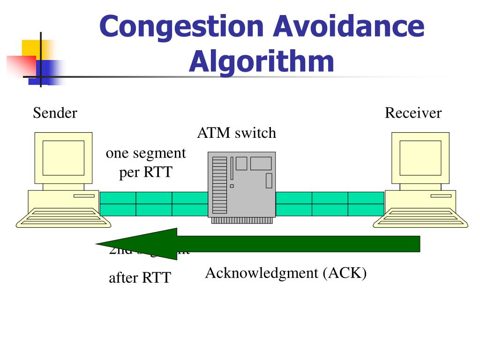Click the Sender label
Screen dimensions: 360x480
pos(55,113)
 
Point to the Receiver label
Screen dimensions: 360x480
pos(413,113)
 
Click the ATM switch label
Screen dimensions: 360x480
pos(236,133)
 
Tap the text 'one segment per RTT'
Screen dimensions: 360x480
pos(146,163)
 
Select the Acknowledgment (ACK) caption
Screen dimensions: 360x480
pos(285,273)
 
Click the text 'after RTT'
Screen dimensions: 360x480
pos(140,278)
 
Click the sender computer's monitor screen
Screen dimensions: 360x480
pos(63,157)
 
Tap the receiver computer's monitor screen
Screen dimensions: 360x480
pos(420,157)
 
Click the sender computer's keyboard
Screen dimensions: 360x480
pos(63,218)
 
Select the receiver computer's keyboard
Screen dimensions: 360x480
pos(420,218)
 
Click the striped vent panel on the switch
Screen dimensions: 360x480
pos(219,185)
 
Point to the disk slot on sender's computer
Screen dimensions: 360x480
pos(83,196)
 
